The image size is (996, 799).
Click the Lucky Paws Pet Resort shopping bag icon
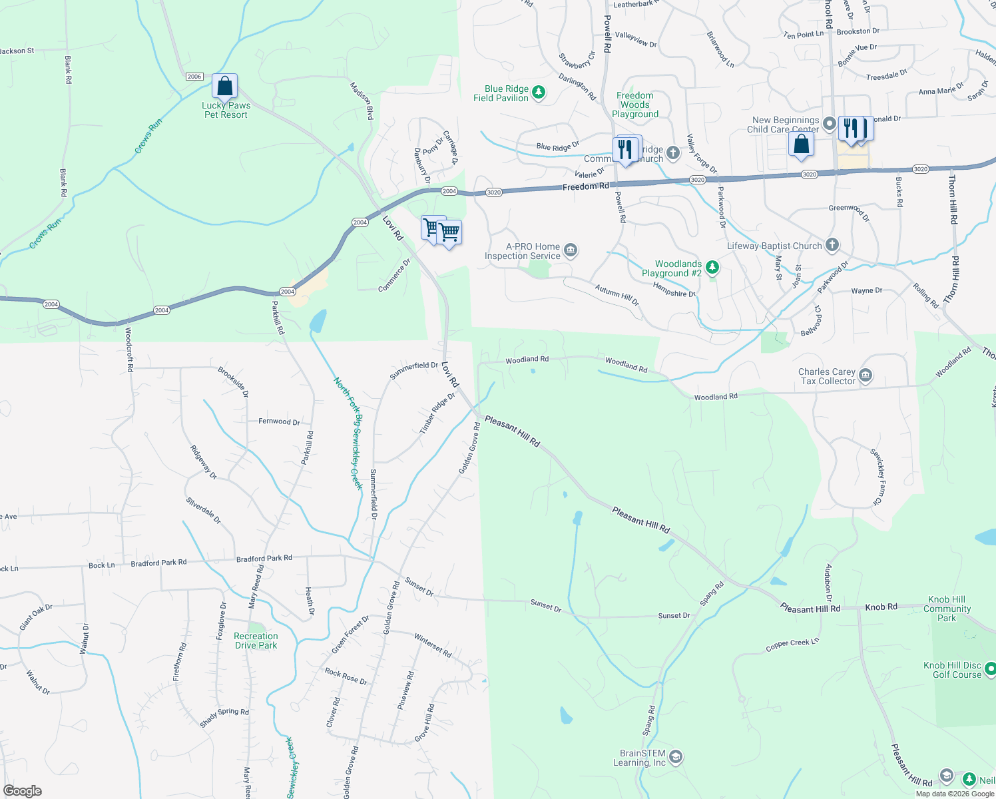tap(225, 87)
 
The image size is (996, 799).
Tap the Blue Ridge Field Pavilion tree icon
tap(539, 93)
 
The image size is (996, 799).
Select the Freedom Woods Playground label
tap(635, 105)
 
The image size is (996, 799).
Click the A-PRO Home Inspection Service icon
tap(570, 250)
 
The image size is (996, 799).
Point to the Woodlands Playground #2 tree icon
tap(712, 268)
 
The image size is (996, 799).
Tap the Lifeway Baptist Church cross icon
tap(832, 245)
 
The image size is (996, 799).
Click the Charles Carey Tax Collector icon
tap(865, 376)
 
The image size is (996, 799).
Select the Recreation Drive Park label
tap(256, 641)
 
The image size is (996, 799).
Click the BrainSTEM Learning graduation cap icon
tap(676, 757)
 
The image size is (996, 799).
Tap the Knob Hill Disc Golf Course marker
tap(989, 668)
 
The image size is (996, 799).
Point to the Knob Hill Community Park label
tap(947, 609)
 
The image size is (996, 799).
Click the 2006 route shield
tap(194, 77)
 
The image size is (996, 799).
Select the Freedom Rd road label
tap(585, 187)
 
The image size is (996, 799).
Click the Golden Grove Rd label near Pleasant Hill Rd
tap(469, 448)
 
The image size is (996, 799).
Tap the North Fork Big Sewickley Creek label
tap(349, 433)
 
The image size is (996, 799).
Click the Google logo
tap(22, 791)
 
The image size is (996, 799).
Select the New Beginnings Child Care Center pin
tap(829, 123)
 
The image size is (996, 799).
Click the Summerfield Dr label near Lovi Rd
tap(413, 370)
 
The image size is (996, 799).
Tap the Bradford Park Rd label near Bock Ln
tap(158, 563)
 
